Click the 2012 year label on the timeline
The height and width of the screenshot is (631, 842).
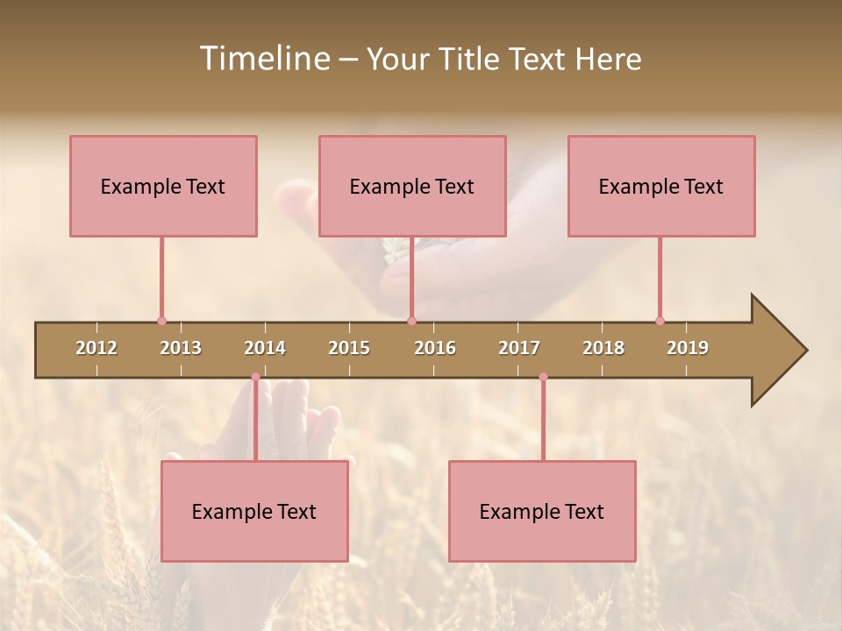96,348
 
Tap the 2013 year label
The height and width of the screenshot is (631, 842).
181,348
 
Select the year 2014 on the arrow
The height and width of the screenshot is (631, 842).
265,348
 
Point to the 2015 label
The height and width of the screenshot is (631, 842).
349,348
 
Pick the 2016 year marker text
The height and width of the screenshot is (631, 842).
435,348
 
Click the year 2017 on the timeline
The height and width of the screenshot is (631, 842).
519,348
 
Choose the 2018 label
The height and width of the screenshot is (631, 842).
603,348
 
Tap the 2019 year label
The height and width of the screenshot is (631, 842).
688,348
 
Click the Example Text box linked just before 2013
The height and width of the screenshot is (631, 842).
163,186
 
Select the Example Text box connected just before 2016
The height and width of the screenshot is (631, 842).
412,186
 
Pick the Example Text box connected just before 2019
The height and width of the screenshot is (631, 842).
661,186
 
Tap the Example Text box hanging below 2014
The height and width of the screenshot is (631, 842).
254,511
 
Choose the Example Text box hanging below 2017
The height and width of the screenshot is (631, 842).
542,511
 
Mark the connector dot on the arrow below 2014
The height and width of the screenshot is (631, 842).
255,377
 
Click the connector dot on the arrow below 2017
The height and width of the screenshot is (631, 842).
543,377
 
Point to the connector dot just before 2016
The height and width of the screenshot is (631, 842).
411,321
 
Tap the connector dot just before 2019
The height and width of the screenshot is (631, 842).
660,321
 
